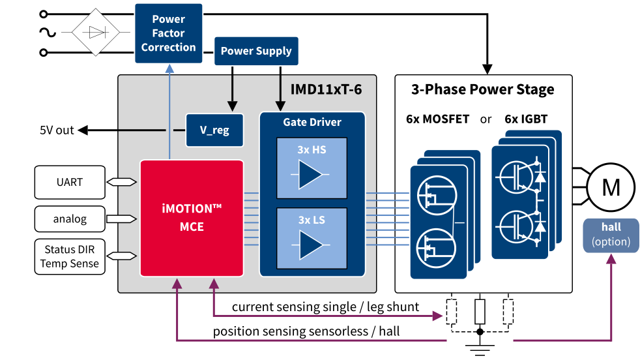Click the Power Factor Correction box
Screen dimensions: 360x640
pos(168,33)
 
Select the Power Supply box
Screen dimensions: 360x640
pos(255,51)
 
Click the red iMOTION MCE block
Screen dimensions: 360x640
pos(192,218)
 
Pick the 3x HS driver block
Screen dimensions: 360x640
pos(311,168)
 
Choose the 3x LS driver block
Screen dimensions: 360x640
pos(311,238)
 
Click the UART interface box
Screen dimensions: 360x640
pos(68,182)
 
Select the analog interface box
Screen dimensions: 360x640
pos(70,219)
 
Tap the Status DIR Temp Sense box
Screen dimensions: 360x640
pos(68,256)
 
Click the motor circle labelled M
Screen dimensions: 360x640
pos(611,188)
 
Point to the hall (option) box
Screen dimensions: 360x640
pos(611,235)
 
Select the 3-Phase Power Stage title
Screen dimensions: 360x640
pos(483,89)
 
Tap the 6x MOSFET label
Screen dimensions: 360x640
pos(438,119)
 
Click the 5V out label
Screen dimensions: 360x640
pos(57,130)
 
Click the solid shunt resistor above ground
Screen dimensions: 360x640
pos(480,311)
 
